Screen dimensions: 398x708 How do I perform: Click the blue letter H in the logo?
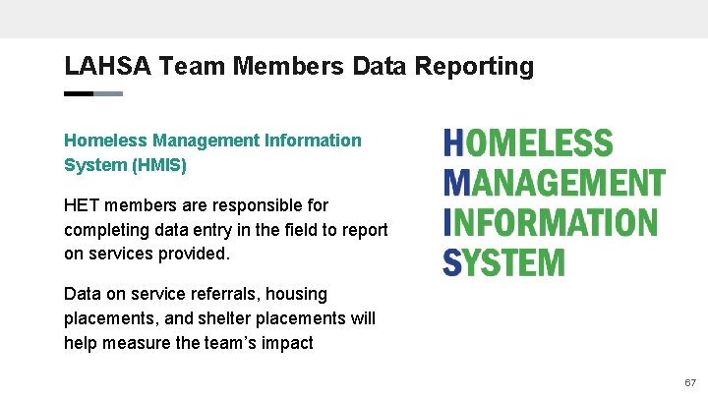453,143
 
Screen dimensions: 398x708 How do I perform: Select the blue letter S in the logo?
452,262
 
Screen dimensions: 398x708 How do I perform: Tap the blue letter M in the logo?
456,183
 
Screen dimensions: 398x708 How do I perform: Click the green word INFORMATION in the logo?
557,222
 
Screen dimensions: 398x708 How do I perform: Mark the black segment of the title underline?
78,93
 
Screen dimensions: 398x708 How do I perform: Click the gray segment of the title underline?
108,93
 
